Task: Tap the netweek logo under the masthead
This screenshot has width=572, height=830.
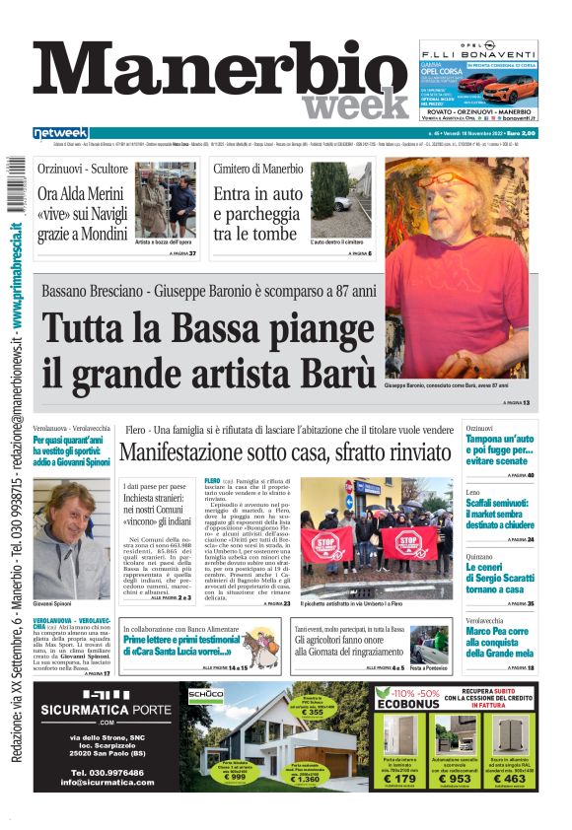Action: [x=60, y=133]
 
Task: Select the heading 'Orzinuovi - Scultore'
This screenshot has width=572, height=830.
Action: [x=83, y=169]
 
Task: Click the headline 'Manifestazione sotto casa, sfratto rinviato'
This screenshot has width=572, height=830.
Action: [x=285, y=453]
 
